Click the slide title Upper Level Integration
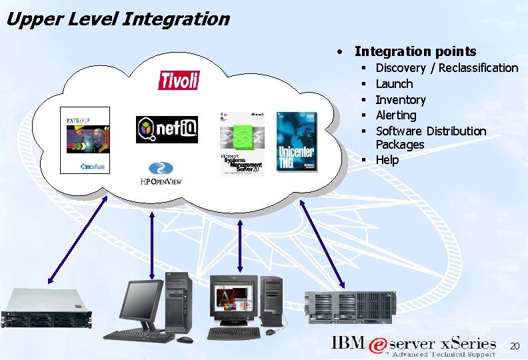pos(117,19)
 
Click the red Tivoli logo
pos(179,80)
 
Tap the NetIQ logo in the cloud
pos(167,129)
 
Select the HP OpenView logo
pos(161,173)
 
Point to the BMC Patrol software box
pos(85,139)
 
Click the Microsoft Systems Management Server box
pos(241,143)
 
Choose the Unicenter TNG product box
pos(297,142)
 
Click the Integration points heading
pos(415,51)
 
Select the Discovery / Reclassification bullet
pos(446,68)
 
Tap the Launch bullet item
pos(394,84)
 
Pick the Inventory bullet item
pos(400,100)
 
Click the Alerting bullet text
pos(395,115)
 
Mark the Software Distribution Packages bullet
pos(430,137)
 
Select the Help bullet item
pos(387,160)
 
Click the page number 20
pos(514,346)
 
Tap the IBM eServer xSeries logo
pos(413,347)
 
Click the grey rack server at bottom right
pos(347,307)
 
